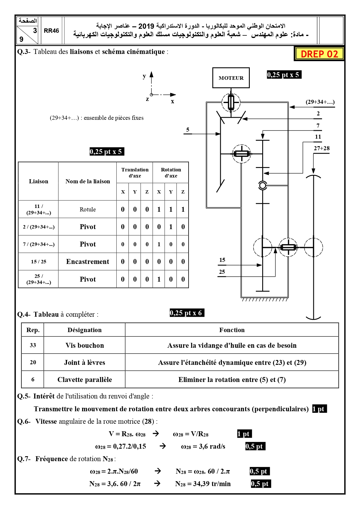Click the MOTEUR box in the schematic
pyautogui.click(x=231, y=78)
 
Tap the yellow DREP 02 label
pyautogui.click(x=319, y=54)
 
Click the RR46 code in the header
pyautogui.click(x=51, y=31)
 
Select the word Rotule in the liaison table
pyautogui.click(x=88, y=209)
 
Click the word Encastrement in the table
pyautogui.click(x=88, y=262)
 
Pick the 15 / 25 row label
pyautogui.click(x=39, y=262)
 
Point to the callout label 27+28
pyautogui.click(x=322, y=148)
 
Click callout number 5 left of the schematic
pyautogui.click(x=188, y=130)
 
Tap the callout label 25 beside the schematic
pyautogui.click(x=222, y=272)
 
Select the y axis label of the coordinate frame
pyautogui.click(x=144, y=77)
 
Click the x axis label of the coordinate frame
pyautogui.click(x=172, y=101)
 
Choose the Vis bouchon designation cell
pyautogui.click(x=85, y=345)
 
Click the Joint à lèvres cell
pyautogui.click(x=85, y=363)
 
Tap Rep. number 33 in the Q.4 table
pyautogui.click(x=33, y=345)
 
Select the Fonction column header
pyautogui.click(x=232, y=330)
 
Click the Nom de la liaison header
pyautogui.click(x=88, y=182)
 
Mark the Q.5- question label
pyautogui.click(x=24, y=396)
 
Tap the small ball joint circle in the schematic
pyautogui.click(x=263, y=185)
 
